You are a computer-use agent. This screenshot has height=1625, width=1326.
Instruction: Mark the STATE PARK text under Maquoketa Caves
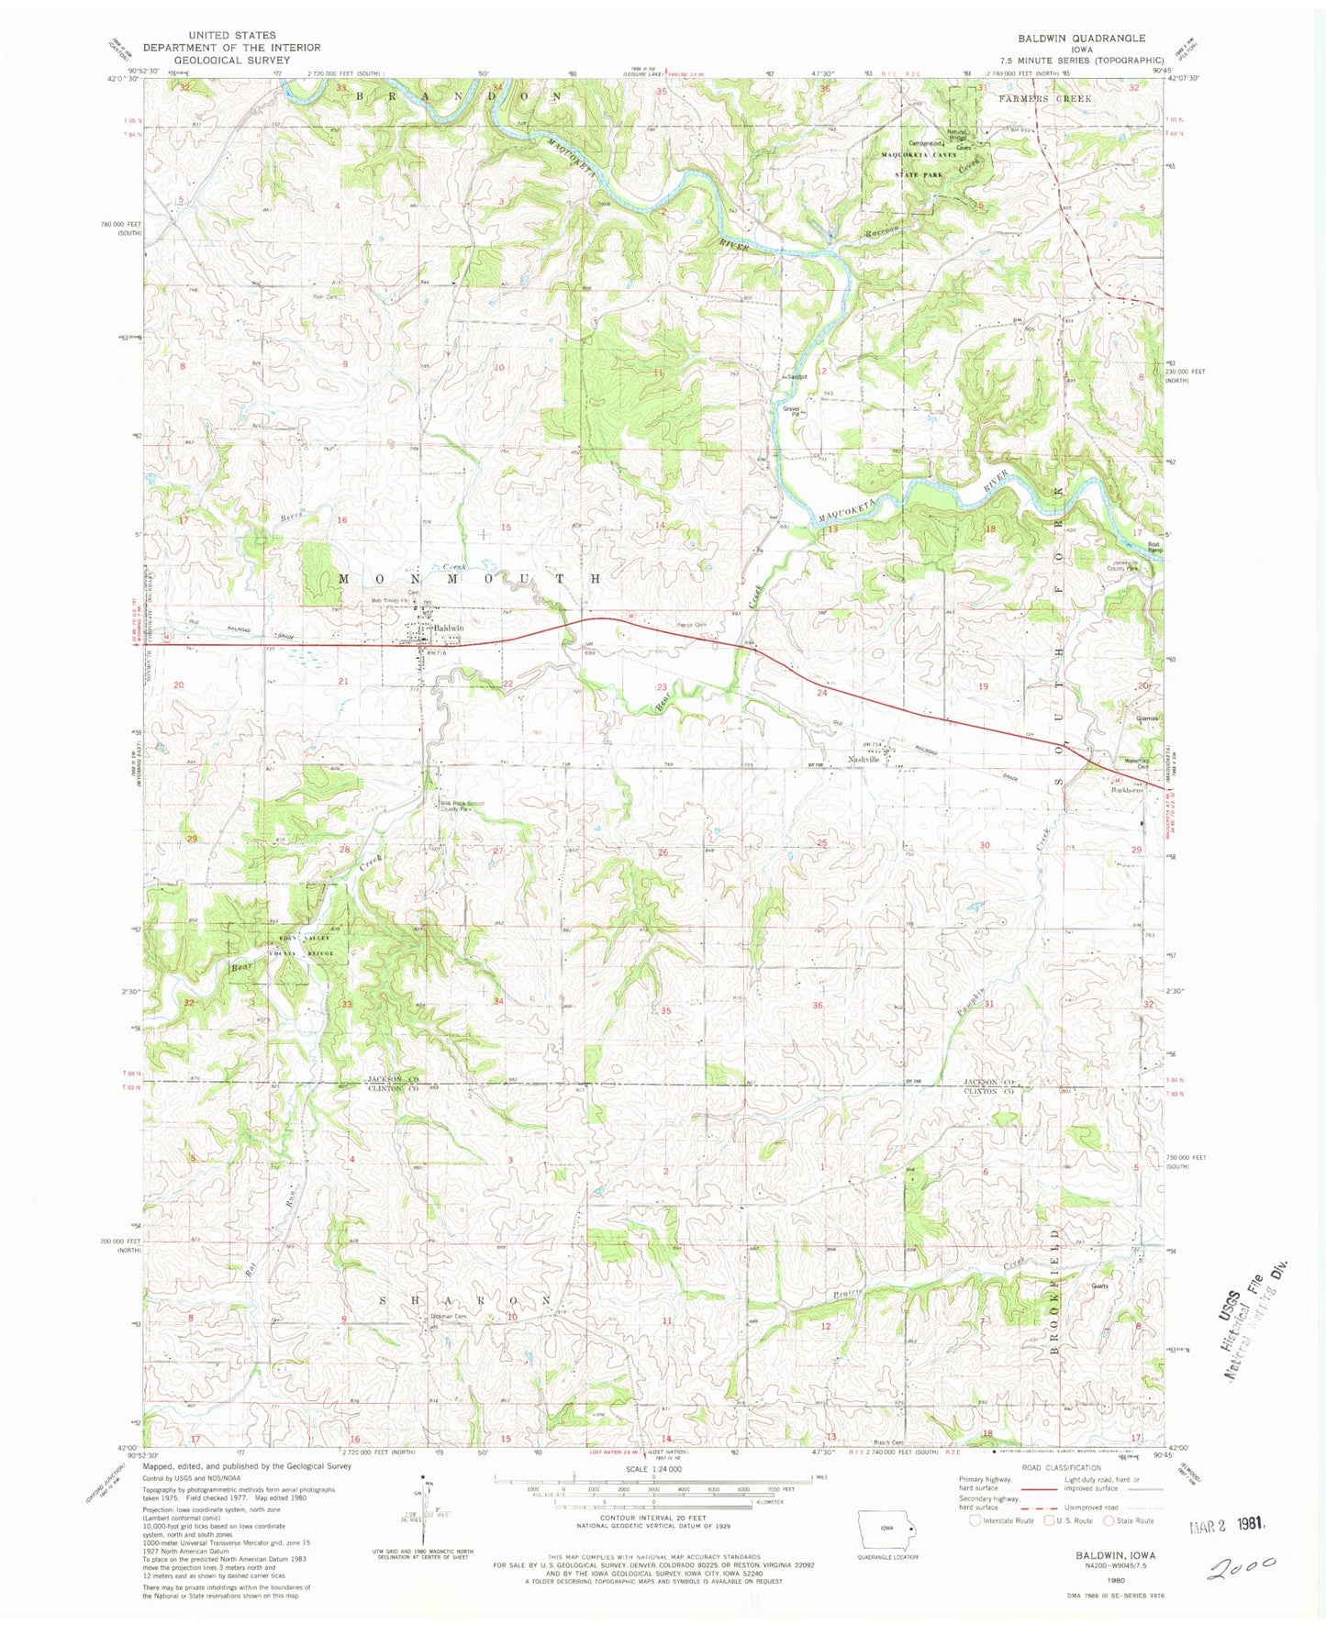point(921,173)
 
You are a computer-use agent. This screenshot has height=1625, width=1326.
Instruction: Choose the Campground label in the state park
point(926,143)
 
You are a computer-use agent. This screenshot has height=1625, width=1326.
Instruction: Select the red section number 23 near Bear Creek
point(661,686)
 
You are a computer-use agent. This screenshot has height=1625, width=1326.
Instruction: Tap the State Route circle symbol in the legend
point(1109,1520)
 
